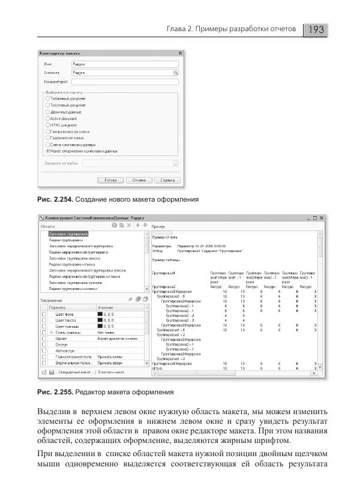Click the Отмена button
coord(139,180)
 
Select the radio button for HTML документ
coord(48,125)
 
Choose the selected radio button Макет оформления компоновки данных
coord(48,151)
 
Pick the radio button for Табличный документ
coord(48,98)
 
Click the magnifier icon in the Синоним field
coord(176,72)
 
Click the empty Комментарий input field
coord(125,81)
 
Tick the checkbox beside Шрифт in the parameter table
coord(43,339)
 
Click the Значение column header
coord(106,307)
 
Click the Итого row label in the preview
coord(157,368)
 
